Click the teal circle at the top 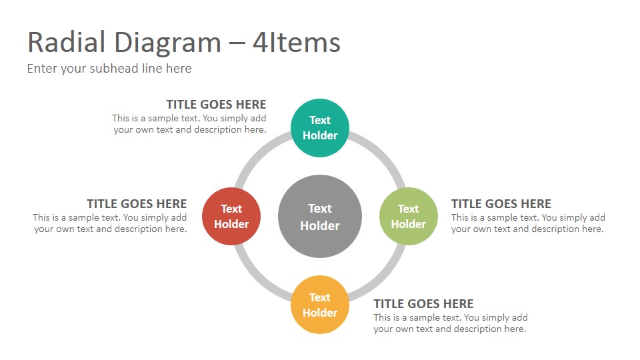tap(320, 128)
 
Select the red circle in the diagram tap(231, 216)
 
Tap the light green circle tap(409, 216)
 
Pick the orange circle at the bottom tap(320, 305)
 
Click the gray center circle tap(320, 216)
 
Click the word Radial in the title tap(67, 43)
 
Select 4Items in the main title tap(297, 43)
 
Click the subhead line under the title tap(109, 69)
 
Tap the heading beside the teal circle tap(216, 105)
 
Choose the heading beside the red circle tap(137, 204)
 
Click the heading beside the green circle tap(501, 204)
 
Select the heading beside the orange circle tap(424, 304)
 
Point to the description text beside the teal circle tap(189, 124)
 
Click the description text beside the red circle tap(110, 223)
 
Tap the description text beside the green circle tap(528, 223)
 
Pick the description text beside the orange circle tap(451, 323)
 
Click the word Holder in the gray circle tap(320, 226)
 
